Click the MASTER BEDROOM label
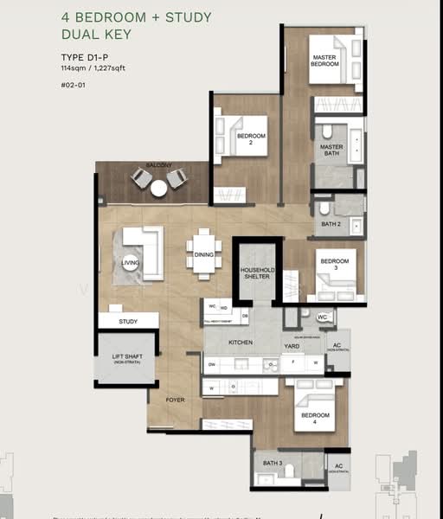[324, 61]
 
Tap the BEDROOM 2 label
[250, 139]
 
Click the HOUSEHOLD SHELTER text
[256, 273]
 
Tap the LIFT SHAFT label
[125, 359]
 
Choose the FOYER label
[176, 400]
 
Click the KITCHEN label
[240, 343]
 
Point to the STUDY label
[128, 322]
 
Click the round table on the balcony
[158, 188]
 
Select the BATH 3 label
[272, 464]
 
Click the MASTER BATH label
[331, 151]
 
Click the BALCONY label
[158, 165]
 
